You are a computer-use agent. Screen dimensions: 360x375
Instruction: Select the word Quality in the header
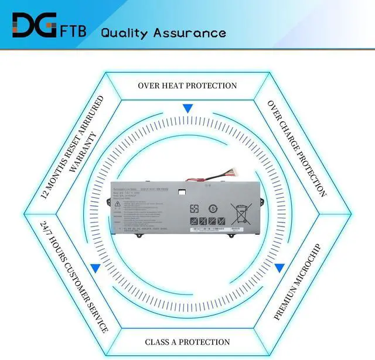pyautogui.click(x=124, y=32)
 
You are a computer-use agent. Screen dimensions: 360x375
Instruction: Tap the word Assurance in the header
pyautogui.click(x=189, y=32)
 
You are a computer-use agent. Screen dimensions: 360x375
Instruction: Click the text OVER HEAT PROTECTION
pyautogui.click(x=187, y=86)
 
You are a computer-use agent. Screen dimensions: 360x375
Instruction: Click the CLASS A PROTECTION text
pyautogui.click(x=187, y=342)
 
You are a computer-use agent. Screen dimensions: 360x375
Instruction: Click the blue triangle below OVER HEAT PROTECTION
pyautogui.click(x=187, y=109)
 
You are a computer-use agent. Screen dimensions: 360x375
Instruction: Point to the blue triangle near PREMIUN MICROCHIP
pyautogui.click(x=279, y=268)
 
